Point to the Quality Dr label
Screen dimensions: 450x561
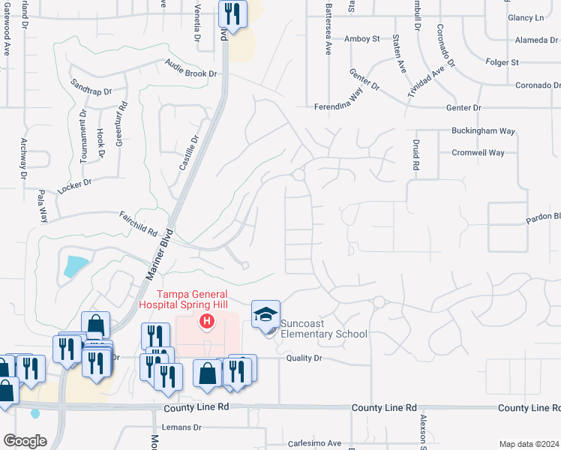click(x=304, y=358)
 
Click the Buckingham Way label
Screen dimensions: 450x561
click(x=483, y=131)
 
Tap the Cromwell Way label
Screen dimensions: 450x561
click(x=478, y=153)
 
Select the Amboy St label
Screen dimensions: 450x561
click(x=362, y=39)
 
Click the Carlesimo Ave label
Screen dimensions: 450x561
click(x=315, y=442)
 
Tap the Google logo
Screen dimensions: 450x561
click(x=25, y=441)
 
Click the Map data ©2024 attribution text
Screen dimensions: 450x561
click(x=529, y=444)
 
